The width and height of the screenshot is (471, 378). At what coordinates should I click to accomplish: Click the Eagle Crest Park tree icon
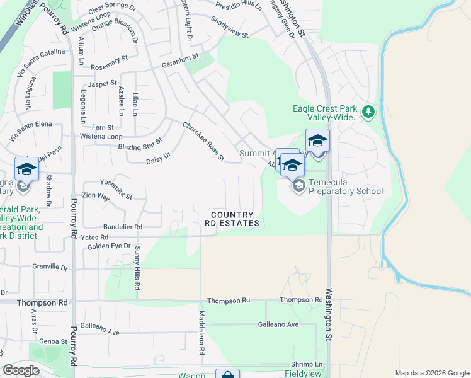368,113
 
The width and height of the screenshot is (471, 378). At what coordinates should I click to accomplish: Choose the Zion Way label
96,197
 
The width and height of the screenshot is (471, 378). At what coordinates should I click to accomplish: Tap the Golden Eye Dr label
109,246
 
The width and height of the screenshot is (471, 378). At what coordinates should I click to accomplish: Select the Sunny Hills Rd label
137,268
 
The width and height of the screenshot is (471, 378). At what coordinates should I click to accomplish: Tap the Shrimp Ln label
307,365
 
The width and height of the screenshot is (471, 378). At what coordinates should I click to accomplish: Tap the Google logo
21,370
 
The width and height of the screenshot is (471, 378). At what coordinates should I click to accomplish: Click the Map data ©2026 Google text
431,373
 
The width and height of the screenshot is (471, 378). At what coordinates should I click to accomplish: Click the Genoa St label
52,341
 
